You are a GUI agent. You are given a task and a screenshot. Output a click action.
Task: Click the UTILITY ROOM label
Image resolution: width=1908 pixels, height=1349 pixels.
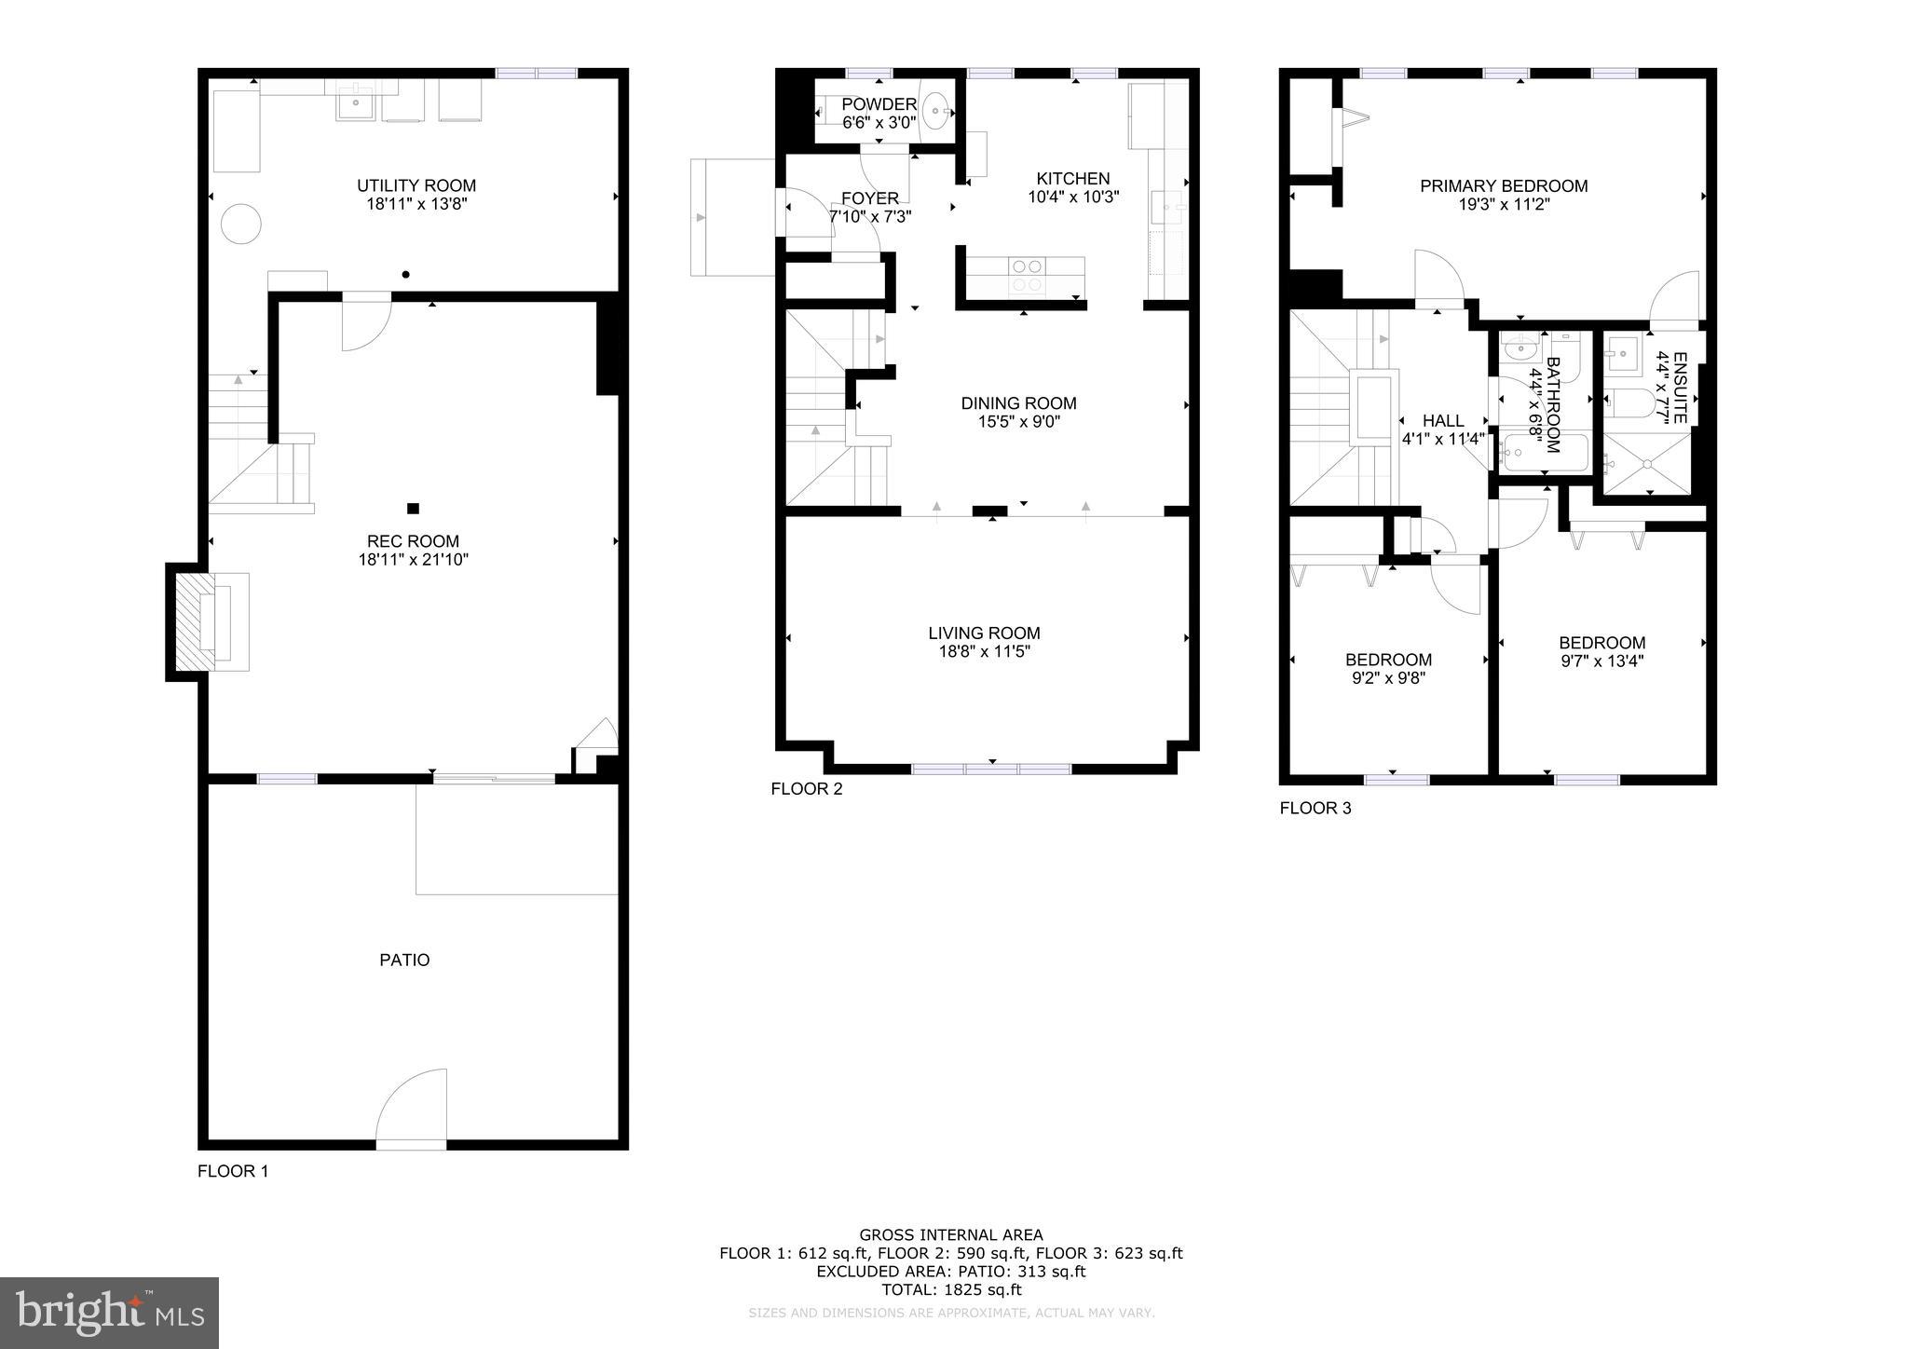coord(416,185)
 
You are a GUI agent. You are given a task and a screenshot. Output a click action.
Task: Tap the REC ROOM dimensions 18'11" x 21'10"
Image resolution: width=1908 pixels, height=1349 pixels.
coord(413,560)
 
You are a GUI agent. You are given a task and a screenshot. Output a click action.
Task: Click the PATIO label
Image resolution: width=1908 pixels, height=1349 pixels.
coord(404,960)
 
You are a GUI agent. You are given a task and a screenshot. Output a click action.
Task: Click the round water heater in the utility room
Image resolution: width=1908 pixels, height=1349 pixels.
coord(240,224)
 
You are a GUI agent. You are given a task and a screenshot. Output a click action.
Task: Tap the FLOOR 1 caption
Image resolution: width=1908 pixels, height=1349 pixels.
coord(233,1171)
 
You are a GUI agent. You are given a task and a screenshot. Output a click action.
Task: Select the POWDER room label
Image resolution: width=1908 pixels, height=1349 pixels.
coord(879,104)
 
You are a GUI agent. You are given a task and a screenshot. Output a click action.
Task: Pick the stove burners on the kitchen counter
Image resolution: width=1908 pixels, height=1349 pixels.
coord(1027,275)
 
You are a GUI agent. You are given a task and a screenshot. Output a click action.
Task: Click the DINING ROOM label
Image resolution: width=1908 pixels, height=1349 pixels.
coord(1018,403)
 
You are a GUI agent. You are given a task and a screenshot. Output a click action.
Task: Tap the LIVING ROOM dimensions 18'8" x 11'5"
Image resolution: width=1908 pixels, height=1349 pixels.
coord(984,652)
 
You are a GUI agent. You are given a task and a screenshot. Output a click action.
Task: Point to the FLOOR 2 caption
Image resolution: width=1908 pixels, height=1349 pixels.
coord(806,789)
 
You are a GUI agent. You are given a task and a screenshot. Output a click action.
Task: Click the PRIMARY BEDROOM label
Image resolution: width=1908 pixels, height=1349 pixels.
coord(1503,186)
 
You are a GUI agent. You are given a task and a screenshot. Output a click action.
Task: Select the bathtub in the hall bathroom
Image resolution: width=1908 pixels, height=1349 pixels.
coord(1543,454)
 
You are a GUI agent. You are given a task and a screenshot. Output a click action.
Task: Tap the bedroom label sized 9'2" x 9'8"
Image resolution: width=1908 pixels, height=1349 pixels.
coord(1388,660)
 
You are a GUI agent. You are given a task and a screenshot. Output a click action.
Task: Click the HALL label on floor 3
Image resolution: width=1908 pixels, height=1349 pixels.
coord(1443,421)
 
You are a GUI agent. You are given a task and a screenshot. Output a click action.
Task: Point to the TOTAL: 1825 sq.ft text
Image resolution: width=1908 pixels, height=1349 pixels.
coord(951,1289)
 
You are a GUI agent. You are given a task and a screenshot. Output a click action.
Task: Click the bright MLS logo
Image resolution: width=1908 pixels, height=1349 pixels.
coord(109,1313)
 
